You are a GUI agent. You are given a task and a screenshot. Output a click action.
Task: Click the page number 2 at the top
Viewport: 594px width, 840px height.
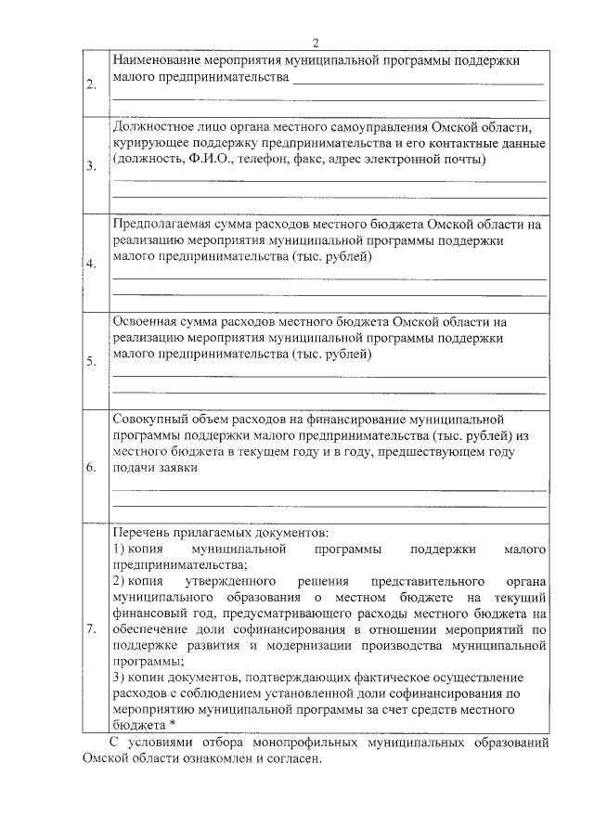[x=315, y=43]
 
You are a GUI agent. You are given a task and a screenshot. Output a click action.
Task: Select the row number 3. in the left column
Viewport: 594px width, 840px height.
[x=91, y=167]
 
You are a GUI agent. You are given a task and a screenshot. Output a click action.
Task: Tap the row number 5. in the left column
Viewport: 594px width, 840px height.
[x=91, y=362]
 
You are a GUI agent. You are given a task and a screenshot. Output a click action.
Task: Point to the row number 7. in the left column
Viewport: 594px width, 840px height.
[x=91, y=629]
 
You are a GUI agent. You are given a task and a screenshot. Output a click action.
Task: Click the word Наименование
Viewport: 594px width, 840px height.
[x=159, y=60]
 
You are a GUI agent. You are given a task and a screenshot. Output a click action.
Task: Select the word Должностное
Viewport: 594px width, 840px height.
[x=154, y=126]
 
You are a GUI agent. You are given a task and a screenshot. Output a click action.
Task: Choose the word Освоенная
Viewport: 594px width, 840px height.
[x=148, y=321]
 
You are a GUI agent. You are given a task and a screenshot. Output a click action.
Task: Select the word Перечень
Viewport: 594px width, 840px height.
[x=142, y=534]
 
